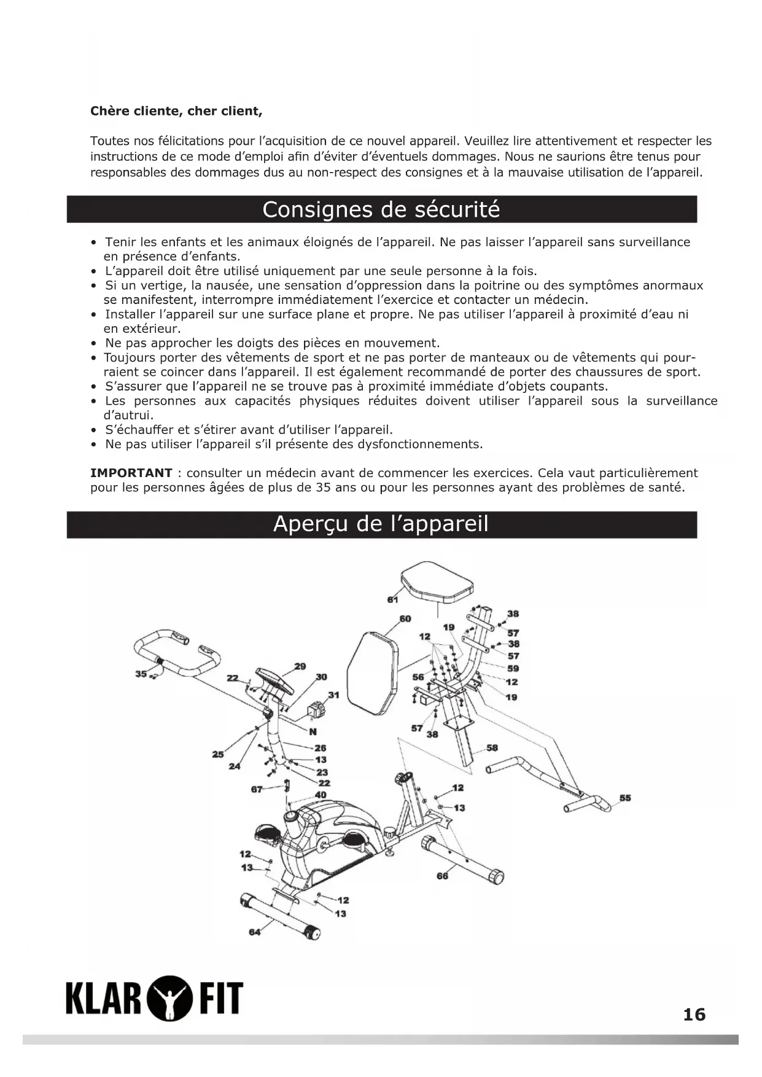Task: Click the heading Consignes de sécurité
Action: [381, 210]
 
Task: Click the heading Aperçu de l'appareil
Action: [381, 524]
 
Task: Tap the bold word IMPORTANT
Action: [131, 473]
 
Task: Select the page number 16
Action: [694, 1014]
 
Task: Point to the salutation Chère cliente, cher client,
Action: [176, 111]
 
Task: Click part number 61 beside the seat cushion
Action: [392, 599]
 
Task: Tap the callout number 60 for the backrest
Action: [405, 618]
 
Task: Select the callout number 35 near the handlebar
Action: [141, 674]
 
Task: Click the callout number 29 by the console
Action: [300, 666]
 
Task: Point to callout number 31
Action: [333, 695]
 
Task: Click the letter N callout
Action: [313, 731]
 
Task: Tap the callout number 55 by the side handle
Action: [625, 798]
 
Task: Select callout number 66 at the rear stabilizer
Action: [442, 876]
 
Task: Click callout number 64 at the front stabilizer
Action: [254, 932]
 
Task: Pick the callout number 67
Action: [257, 789]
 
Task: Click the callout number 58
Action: [492, 747]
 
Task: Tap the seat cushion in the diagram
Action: [437, 583]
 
